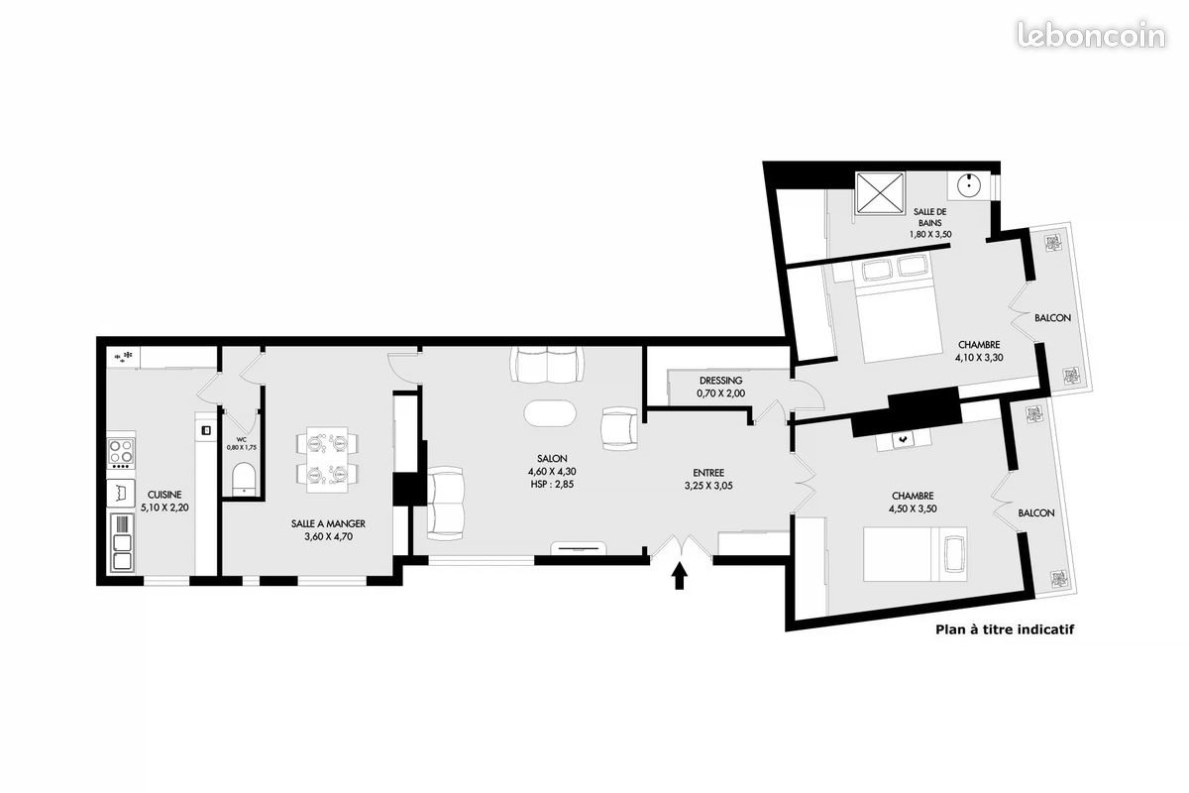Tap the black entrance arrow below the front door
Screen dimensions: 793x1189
pos(680,576)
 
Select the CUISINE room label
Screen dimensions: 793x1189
pos(164,494)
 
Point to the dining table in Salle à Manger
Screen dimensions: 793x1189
pos(327,459)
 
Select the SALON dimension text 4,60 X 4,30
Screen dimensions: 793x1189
pos(552,472)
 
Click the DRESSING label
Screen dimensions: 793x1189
pos(720,381)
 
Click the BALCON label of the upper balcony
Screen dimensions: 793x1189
pos(1051,318)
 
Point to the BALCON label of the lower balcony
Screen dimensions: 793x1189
pos(1035,512)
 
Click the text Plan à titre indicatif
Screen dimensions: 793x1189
pos(1006,628)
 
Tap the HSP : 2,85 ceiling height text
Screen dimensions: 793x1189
pos(552,485)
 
